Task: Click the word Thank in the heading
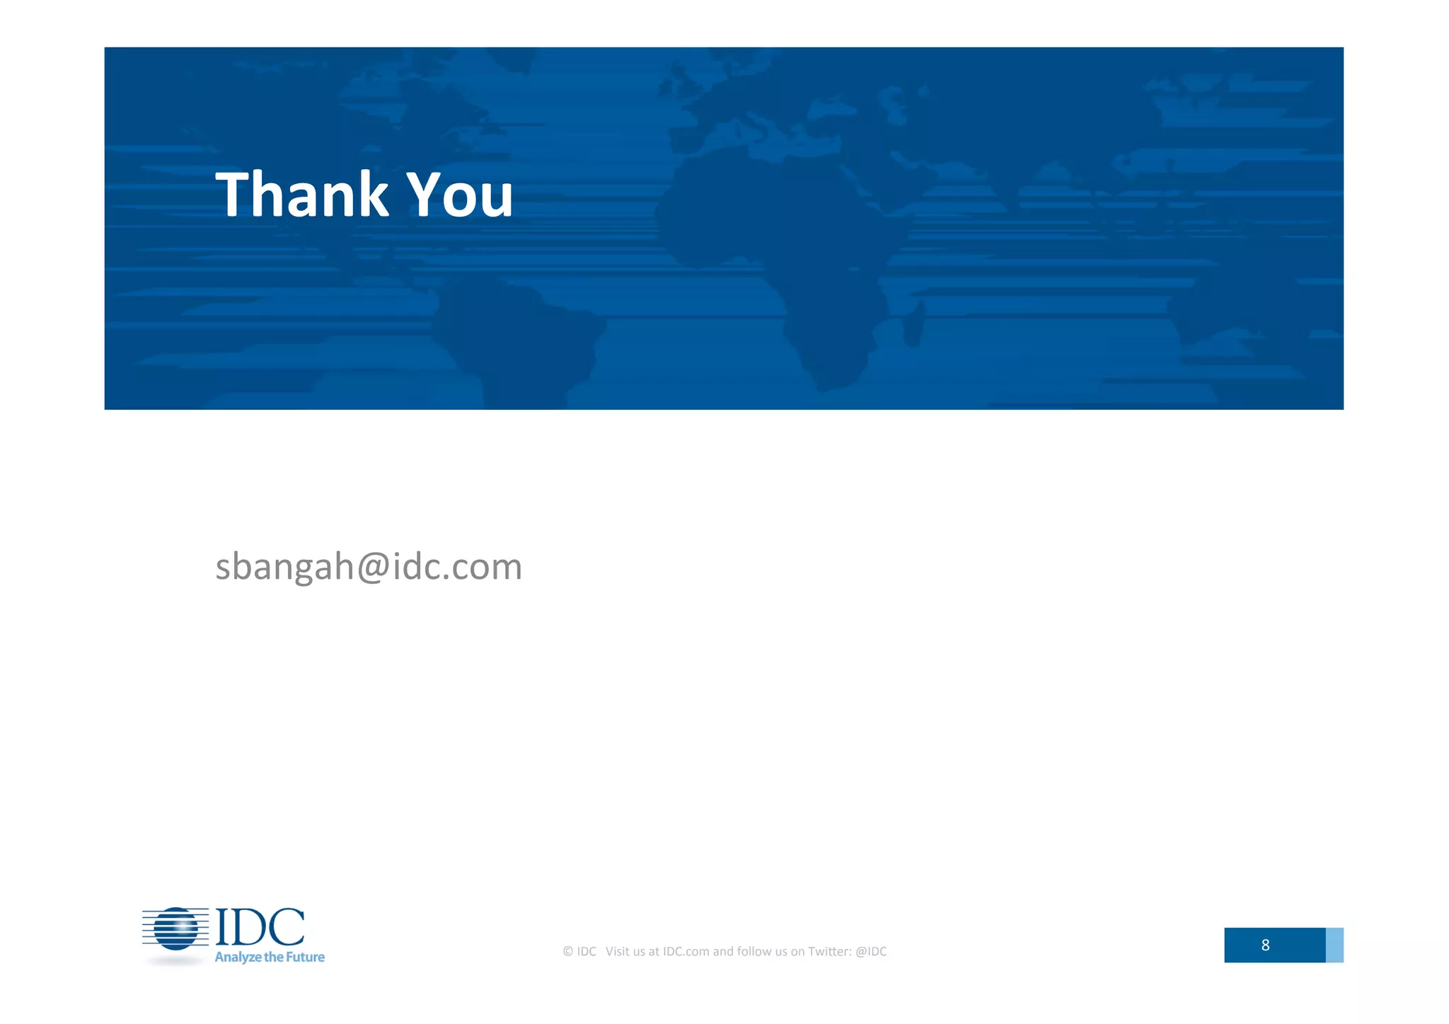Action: [x=301, y=194]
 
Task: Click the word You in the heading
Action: [x=460, y=194]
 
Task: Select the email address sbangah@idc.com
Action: [x=369, y=567]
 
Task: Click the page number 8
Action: [x=1265, y=945]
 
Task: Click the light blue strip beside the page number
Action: [x=1334, y=945]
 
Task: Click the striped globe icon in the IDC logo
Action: [x=175, y=928]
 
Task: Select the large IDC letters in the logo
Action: [x=260, y=927]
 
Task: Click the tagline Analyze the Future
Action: [x=270, y=957]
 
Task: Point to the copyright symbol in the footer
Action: [x=567, y=952]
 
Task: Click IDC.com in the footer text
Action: [x=686, y=952]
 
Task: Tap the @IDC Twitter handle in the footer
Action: [x=871, y=952]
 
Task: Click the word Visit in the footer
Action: [x=618, y=952]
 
